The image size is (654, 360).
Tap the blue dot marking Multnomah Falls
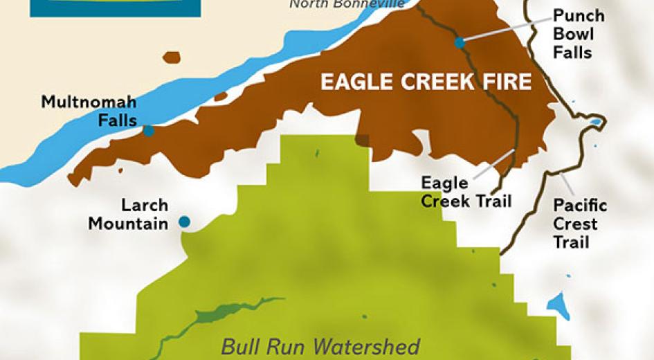tap(148, 130)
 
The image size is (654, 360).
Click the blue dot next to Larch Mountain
tap(184, 222)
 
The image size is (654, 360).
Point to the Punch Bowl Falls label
tap(579, 34)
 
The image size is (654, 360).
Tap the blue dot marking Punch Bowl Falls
tap(460, 42)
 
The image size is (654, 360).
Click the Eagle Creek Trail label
tap(465, 192)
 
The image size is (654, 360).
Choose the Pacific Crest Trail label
tap(580, 224)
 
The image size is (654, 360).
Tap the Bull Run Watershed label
tap(320, 345)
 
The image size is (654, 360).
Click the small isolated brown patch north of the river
tap(171, 57)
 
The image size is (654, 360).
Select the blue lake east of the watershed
tap(558, 305)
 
